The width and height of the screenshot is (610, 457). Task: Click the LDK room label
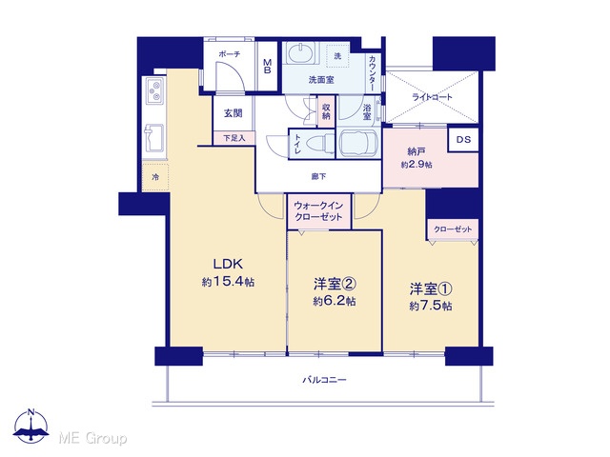[228, 265]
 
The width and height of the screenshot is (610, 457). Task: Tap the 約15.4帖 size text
[228, 282]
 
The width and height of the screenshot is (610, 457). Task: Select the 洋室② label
[335, 284]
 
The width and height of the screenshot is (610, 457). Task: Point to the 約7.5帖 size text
[430, 306]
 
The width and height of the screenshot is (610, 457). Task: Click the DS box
[463, 139]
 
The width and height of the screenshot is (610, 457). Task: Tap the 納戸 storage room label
[416, 151]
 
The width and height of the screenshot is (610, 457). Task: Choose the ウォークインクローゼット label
[318, 211]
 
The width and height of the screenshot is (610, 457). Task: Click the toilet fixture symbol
[320, 142]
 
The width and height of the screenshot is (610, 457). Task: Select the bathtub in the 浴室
[358, 144]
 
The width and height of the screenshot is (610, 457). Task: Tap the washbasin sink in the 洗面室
[301, 53]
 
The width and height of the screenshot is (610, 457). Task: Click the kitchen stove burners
[155, 90]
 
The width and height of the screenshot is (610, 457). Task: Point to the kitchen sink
[154, 138]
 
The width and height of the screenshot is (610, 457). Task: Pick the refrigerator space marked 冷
[155, 177]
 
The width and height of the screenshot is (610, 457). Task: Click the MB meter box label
[267, 67]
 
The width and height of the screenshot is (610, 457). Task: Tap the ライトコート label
[432, 97]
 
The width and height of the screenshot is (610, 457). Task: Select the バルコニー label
[324, 379]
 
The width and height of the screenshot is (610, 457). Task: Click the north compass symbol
[31, 427]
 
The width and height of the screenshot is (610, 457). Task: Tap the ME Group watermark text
[93, 438]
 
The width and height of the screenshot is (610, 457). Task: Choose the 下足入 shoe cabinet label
[234, 138]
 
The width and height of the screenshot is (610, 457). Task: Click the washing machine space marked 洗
[337, 56]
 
